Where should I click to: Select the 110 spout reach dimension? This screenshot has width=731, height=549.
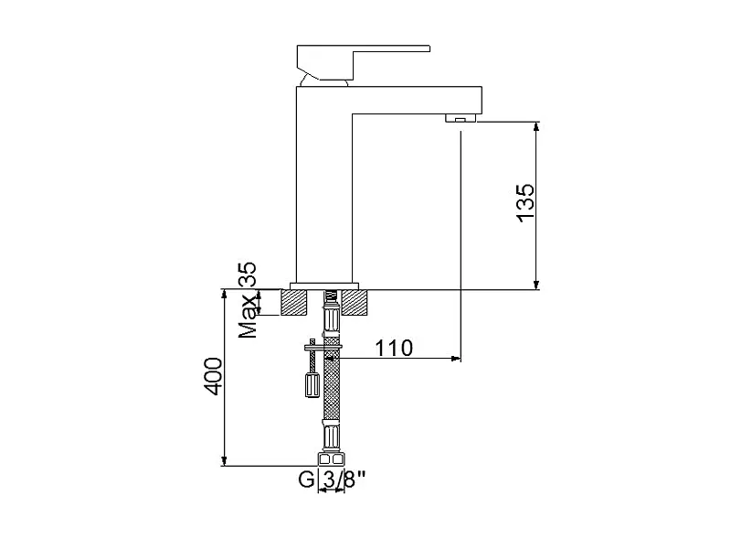coord(394,349)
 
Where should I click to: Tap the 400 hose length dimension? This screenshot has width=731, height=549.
coord(214,376)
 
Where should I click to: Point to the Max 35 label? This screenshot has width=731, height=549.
coord(248,300)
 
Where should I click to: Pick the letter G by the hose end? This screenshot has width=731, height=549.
coord(306,479)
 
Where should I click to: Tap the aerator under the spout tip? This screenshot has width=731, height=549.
coord(461,118)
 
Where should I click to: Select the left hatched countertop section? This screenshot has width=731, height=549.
coord(293,302)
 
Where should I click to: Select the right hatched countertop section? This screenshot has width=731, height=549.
coord(355,302)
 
